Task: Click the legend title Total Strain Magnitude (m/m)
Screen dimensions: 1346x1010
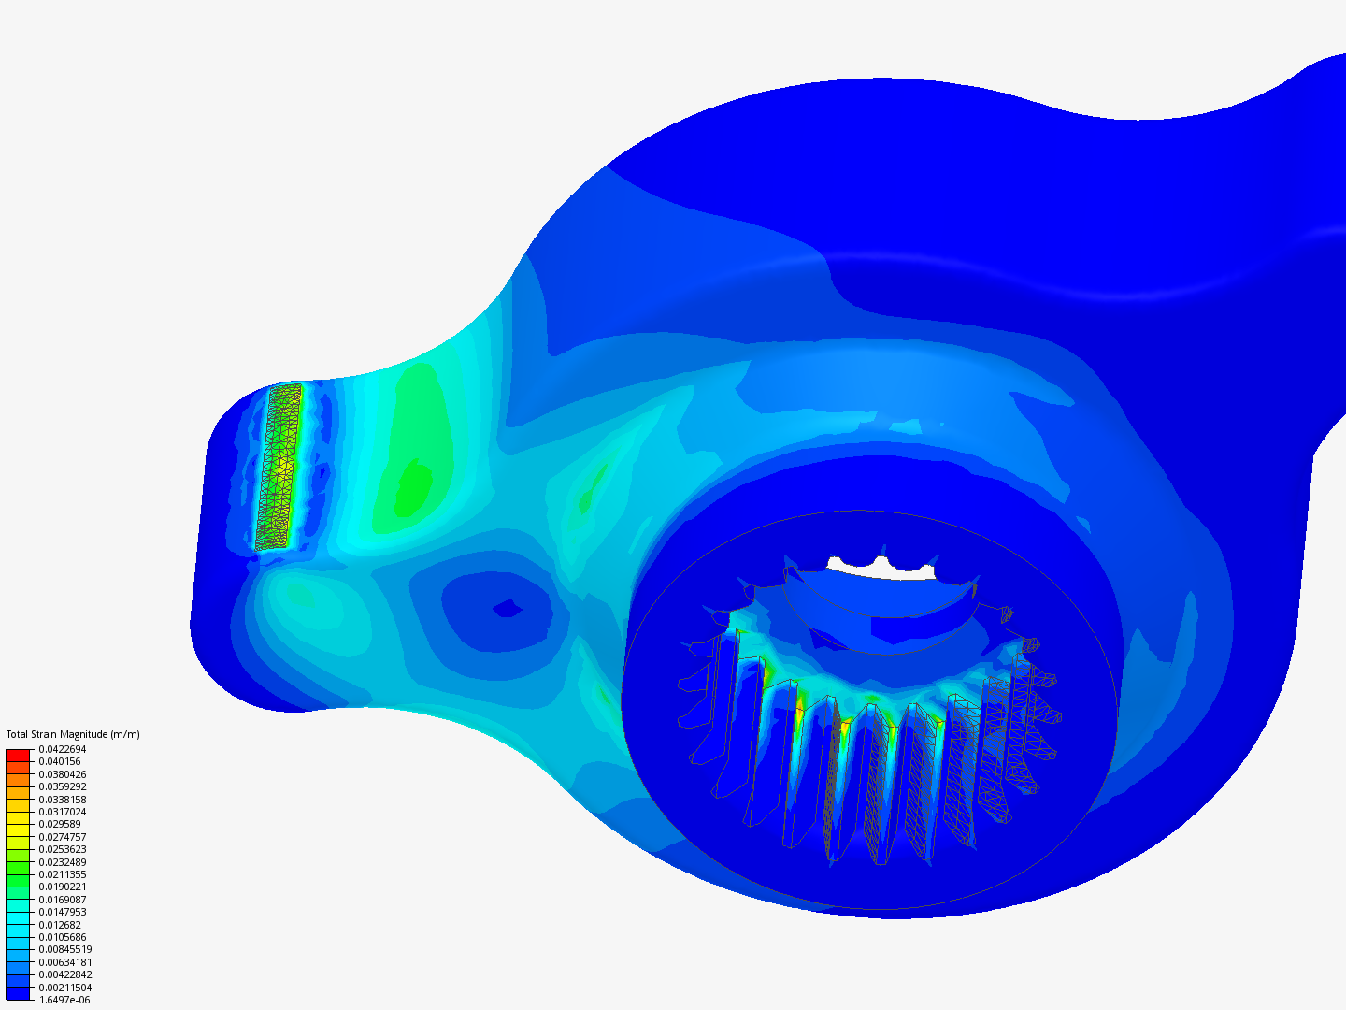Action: pos(73,734)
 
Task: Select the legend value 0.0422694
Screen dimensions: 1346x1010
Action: pos(63,749)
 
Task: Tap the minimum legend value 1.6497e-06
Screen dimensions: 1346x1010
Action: pos(64,1001)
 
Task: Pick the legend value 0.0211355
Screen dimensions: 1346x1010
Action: pos(63,874)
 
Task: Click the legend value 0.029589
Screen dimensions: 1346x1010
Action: pos(60,824)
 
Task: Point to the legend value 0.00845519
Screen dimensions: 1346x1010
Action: pos(65,950)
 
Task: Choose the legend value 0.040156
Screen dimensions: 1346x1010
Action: pos(60,761)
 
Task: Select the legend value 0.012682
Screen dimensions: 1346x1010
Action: pos(60,925)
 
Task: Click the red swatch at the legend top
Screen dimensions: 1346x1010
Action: pos(18,756)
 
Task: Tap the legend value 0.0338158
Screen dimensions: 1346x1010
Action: pos(63,800)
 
